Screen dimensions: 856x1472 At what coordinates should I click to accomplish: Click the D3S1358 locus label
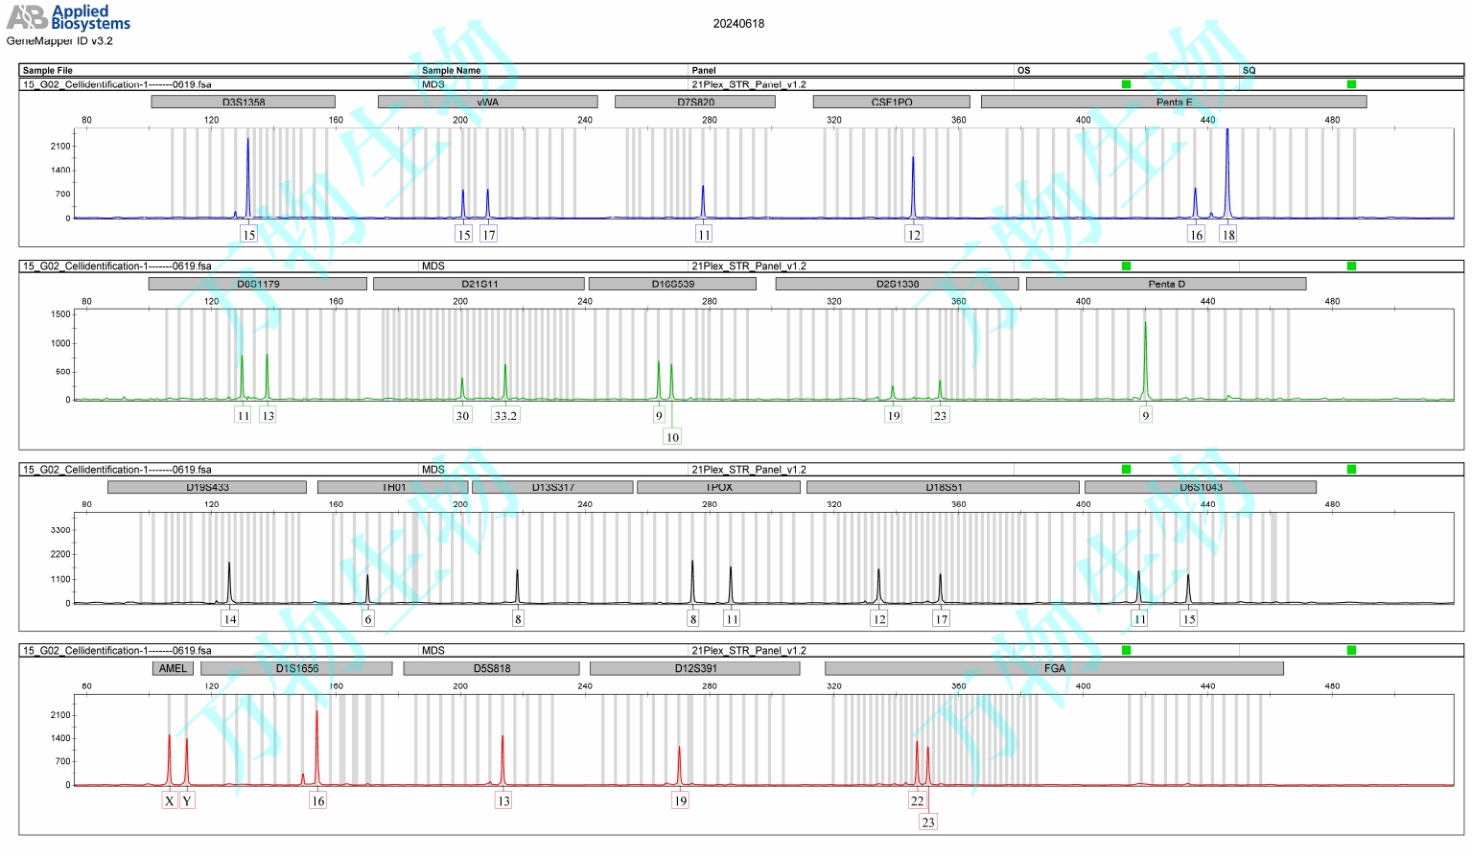click(x=244, y=102)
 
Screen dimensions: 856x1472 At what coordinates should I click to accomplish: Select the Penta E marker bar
click(x=1174, y=102)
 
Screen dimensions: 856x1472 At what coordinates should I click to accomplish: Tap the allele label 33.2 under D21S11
click(x=505, y=415)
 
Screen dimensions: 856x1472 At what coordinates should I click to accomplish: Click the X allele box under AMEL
click(x=170, y=800)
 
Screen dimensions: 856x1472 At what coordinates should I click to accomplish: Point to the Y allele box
click(x=187, y=800)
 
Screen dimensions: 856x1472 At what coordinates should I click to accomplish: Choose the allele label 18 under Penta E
click(x=1227, y=234)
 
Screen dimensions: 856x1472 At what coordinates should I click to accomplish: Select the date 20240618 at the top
click(x=738, y=24)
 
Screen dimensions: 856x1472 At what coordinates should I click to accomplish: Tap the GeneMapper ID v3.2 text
click(x=59, y=41)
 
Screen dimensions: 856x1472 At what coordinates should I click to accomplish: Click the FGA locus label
click(x=1054, y=668)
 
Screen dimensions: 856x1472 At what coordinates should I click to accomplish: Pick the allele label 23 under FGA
click(x=927, y=821)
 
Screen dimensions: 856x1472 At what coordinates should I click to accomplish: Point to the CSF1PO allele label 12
click(x=914, y=234)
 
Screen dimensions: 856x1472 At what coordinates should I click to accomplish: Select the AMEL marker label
click(x=173, y=668)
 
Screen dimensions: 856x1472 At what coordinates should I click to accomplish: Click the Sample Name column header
click(x=451, y=70)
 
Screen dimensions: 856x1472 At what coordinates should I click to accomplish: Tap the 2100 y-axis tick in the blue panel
click(x=60, y=146)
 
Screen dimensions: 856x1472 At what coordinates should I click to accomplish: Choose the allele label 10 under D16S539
click(x=672, y=436)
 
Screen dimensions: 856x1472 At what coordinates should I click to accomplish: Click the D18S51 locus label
click(x=944, y=487)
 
